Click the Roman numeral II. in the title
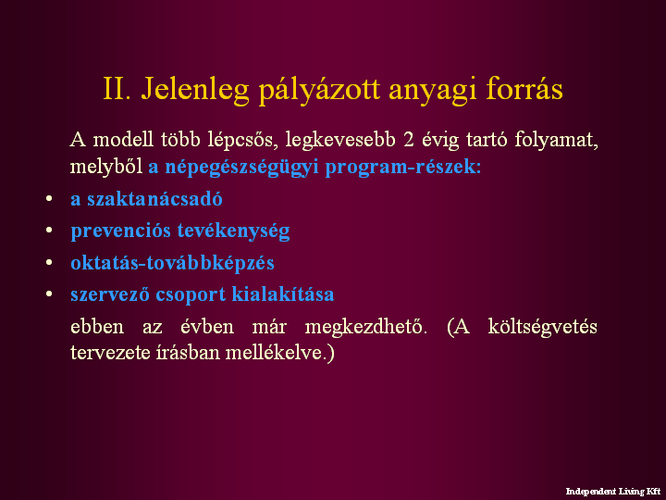(117, 89)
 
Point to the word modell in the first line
(123, 140)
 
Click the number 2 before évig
(409, 140)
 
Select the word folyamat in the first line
(553, 141)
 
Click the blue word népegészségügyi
(241, 167)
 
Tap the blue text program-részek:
(403, 167)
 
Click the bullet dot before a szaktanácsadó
(49, 198)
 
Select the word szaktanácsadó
(154, 198)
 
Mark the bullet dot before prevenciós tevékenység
(49, 230)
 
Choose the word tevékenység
(234, 231)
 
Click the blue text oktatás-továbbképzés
(172, 263)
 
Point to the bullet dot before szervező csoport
(49, 294)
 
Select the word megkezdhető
(365, 328)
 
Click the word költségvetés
(542, 328)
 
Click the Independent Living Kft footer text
(613, 492)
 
